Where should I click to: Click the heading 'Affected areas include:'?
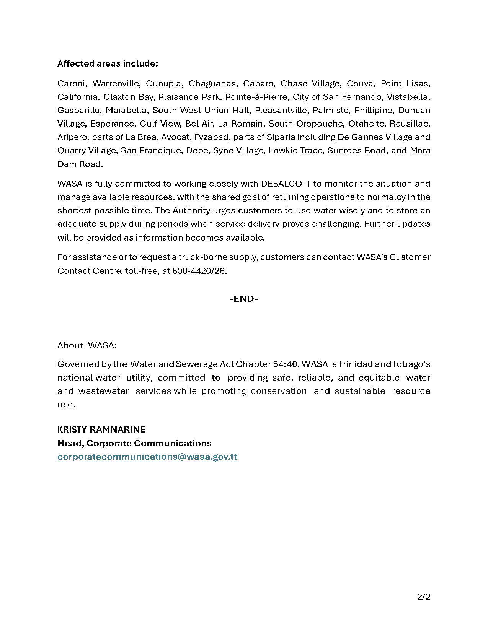(x=108, y=63)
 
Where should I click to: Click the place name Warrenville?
(x=116, y=83)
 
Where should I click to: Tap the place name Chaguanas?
(x=212, y=83)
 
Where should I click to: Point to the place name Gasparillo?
(x=78, y=110)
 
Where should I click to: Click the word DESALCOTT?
(x=286, y=184)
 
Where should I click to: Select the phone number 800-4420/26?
(x=199, y=271)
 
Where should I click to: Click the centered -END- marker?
(x=244, y=299)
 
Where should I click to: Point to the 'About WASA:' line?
(x=87, y=345)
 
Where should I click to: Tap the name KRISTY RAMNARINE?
(x=101, y=429)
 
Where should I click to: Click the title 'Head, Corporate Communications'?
(x=134, y=443)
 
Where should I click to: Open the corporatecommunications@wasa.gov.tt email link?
(x=147, y=457)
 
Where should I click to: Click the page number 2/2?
(x=424, y=597)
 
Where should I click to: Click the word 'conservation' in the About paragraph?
(x=279, y=391)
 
